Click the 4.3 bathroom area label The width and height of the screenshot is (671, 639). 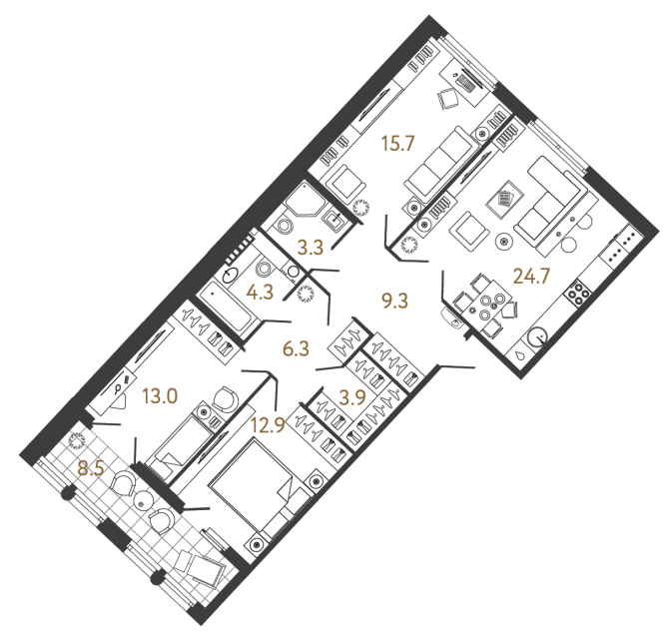pyautogui.click(x=263, y=295)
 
